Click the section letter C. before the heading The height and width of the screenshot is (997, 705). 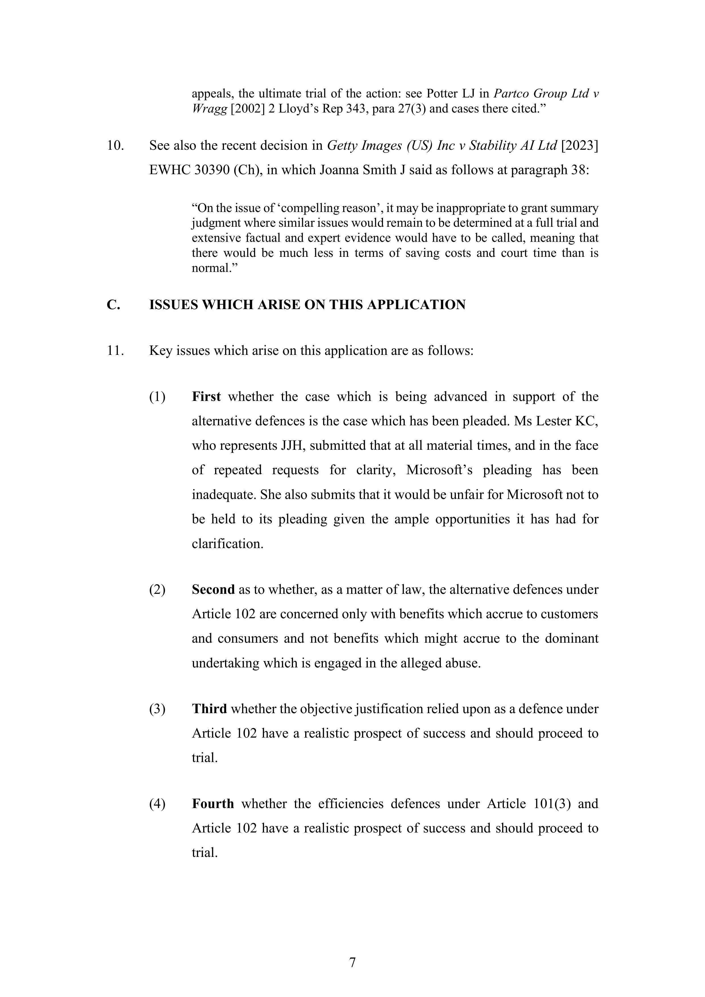(x=113, y=305)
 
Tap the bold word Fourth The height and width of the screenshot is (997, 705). (x=213, y=804)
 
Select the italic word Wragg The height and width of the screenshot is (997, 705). (x=209, y=109)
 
